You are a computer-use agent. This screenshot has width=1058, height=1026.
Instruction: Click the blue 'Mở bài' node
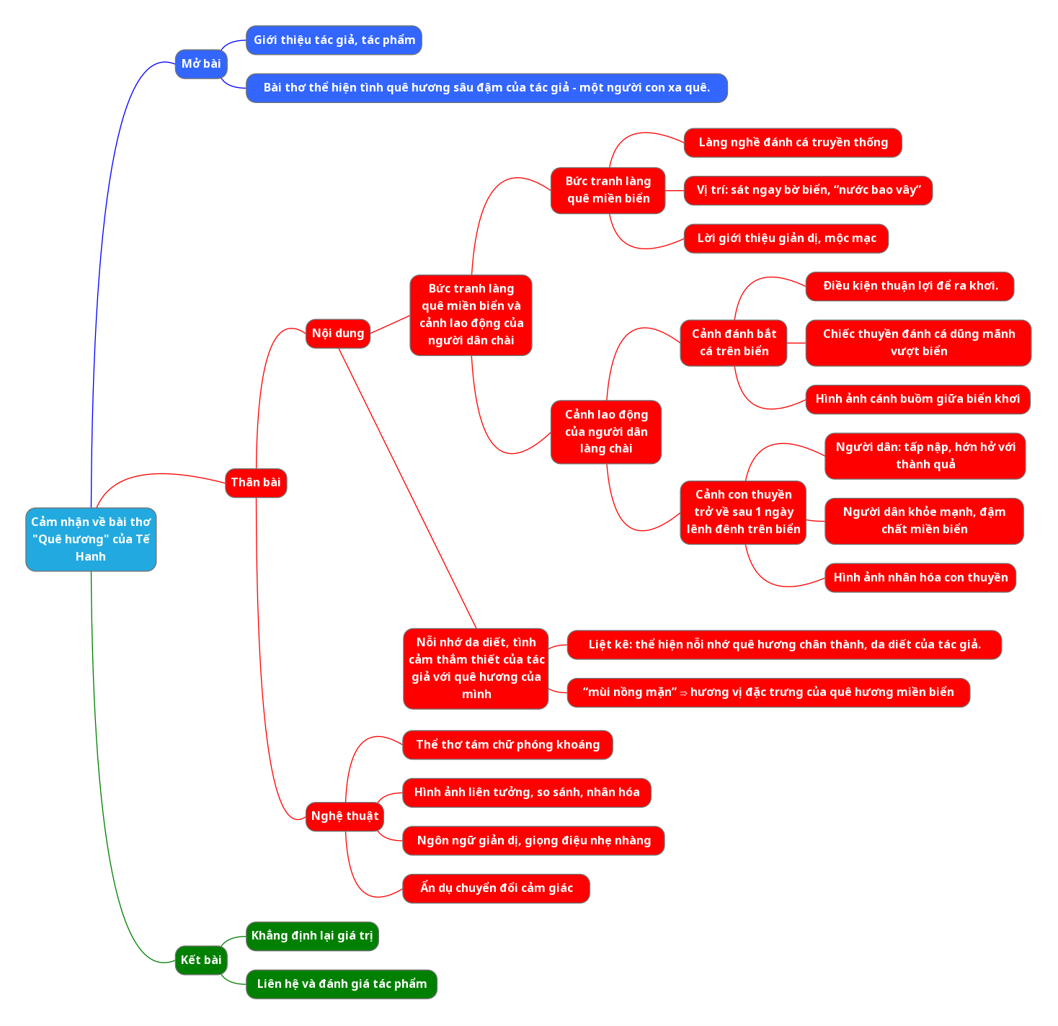pos(201,64)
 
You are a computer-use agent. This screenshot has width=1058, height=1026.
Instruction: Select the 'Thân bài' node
pos(256,483)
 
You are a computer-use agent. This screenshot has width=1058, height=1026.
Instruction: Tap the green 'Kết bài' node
pos(201,960)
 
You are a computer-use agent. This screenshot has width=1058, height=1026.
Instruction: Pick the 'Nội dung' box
pos(337,334)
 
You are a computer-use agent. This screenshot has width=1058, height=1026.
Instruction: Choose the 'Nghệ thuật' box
pos(344,816)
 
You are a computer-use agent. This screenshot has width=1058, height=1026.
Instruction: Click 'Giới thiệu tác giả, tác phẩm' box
pos(334,40)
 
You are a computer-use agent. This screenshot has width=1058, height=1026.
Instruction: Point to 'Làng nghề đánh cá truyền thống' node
pos(793,143)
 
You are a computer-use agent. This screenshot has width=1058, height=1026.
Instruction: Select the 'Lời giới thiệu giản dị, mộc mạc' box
pos(786,238)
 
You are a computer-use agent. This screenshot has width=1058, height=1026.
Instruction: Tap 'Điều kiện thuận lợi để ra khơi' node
pos(910,286)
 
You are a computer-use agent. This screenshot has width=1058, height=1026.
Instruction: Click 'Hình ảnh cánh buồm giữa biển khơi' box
pos(917,399)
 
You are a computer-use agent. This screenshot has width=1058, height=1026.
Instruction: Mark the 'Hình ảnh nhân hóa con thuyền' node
pos(920,578)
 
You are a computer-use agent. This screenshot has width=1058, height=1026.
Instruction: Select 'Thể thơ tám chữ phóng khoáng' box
pos(507,745)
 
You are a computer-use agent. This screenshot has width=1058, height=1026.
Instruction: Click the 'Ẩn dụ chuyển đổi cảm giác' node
pos(496,888)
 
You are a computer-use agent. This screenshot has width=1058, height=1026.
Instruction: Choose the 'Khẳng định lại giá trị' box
pos(312,936)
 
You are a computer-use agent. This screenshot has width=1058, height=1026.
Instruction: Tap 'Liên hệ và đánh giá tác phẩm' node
pos(342,984)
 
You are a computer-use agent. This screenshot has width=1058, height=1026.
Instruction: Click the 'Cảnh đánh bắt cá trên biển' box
pos(734,343)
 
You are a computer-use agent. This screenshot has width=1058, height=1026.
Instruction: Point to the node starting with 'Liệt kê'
pos(784,645)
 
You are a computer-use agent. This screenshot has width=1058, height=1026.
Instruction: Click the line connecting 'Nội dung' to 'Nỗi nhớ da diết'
pos(407,489)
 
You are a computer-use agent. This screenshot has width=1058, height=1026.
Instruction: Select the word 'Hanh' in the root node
pos(91,556)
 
